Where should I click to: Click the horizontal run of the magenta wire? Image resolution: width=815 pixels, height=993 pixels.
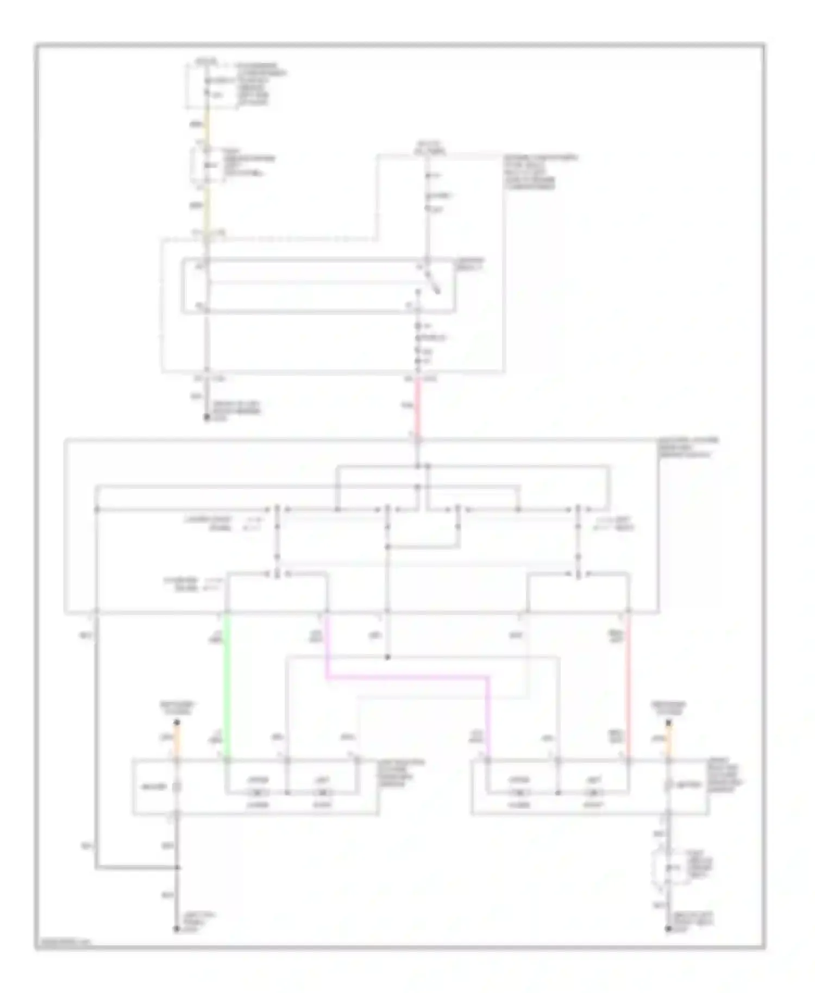point(407,677)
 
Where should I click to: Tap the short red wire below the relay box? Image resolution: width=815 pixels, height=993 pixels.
point(417,405)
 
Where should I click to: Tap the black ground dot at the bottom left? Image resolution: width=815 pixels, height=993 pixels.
point(176,929)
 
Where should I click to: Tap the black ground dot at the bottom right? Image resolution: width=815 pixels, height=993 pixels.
point(669,929)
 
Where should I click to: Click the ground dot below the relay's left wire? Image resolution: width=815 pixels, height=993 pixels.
point(206,417)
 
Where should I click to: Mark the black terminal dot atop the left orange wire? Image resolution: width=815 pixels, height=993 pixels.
point(176,722)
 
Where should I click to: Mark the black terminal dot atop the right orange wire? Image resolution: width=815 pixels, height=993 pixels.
point(669,722)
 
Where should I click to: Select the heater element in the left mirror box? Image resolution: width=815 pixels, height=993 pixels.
point(176,786)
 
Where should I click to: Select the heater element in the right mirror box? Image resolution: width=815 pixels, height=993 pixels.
point(669,785)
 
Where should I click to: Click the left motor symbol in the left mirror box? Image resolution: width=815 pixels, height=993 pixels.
point(259,793)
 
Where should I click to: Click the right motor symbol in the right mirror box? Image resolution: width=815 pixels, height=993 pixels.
point(594,793)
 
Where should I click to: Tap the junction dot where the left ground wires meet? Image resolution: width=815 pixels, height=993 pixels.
point(176,868)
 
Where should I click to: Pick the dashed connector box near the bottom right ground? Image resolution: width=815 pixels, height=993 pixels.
point(664,868)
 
